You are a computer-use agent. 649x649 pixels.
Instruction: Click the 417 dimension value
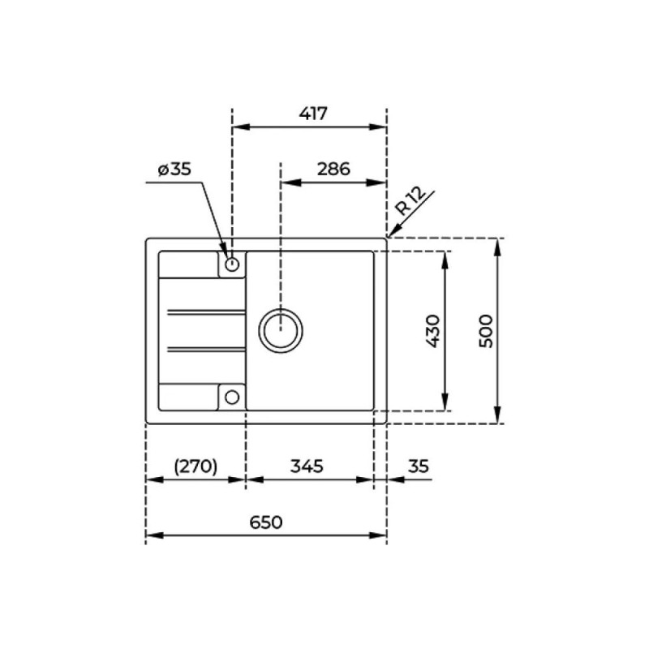point(313,113)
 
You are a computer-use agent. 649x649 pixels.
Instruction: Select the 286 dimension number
point(333,169)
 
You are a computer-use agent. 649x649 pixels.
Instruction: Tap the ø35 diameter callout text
point(174,169)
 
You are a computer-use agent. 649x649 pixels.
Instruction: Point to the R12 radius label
point(410,200)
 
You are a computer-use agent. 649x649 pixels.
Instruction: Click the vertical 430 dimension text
point(433,331)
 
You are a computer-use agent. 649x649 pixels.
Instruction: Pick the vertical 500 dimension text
point(486,331)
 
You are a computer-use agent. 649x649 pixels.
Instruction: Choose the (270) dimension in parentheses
point(196,466)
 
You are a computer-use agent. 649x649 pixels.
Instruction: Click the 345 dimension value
point(307,466)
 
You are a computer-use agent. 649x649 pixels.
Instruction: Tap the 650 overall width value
point(266,522)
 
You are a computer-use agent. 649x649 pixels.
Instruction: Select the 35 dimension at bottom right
point(419,466)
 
